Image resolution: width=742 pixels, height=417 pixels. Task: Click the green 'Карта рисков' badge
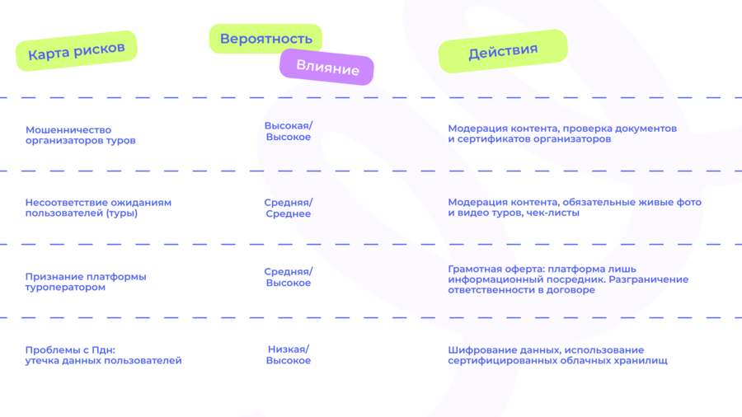point(77,51)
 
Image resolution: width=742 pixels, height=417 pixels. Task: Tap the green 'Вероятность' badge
point(266,39)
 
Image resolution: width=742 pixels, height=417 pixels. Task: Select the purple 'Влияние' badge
point(327,67)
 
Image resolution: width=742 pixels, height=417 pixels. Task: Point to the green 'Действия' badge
point(503,51)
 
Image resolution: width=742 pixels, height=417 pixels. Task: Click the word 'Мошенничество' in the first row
point(68,130)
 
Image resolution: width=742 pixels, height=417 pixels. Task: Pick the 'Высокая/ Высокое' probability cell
point(289,131)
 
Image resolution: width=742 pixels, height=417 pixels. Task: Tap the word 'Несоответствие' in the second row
point(60,203)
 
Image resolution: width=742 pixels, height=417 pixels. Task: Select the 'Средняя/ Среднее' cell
point(289,208)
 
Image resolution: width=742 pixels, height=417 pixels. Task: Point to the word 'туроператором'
point(65,288)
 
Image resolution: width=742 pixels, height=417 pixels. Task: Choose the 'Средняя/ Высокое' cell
point(289,278)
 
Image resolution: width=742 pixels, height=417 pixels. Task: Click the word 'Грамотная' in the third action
point(475,269)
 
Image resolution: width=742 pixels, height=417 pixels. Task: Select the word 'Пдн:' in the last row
point(104,350)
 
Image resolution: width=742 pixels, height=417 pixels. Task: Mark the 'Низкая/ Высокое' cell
point(289,355)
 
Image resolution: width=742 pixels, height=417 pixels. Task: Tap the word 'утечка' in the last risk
point(41,361)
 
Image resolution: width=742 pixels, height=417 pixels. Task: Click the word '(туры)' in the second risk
point(122,213)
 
